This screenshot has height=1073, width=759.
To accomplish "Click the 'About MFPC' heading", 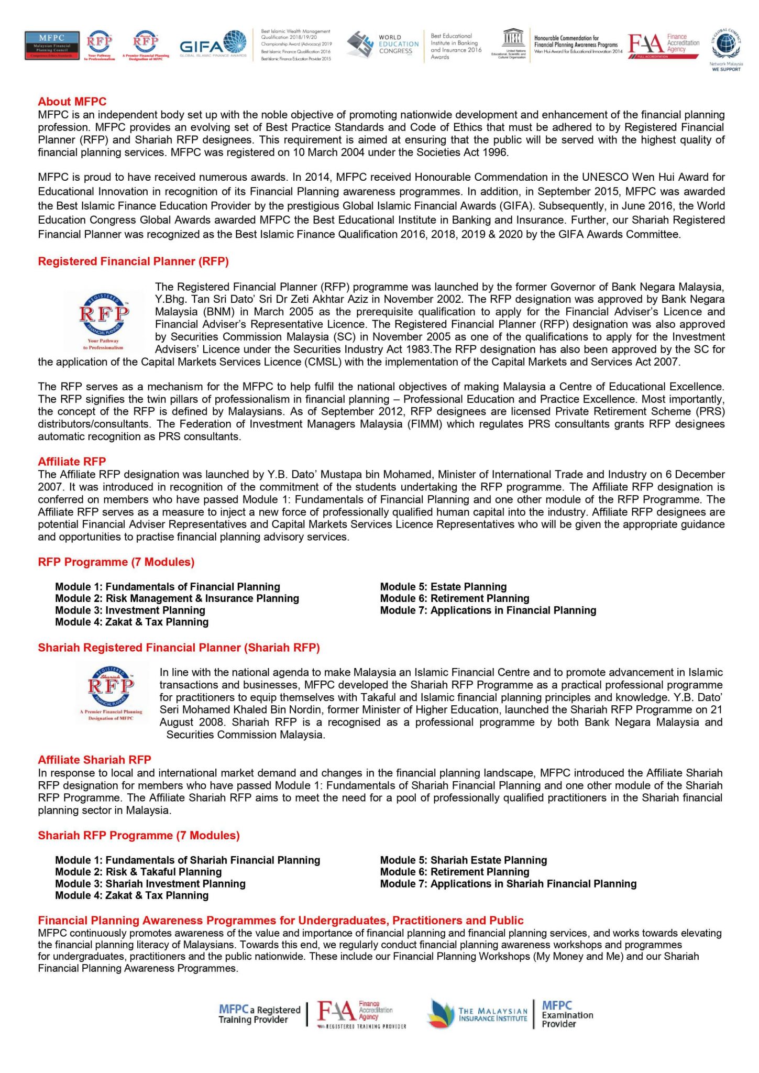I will [x=72, y=102].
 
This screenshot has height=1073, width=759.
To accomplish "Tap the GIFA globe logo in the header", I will [x=213, y=46].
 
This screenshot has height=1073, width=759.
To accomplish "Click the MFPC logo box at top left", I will [x=52, y=46].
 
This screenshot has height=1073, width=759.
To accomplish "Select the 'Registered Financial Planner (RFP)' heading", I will [x=133, y=261].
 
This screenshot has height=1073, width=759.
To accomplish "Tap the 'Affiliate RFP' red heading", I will [x=72, y=462].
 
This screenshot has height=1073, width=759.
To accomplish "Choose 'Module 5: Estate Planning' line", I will [x=443, y=587].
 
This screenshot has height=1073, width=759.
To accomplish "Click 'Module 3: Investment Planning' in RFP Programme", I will [x=130, y=610].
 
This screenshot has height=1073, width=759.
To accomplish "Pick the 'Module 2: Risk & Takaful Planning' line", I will [x=138, y=872].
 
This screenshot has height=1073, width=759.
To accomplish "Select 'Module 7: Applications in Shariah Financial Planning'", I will [x=508, y=884].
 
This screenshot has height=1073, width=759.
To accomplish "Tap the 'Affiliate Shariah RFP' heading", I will [x=94, y=760].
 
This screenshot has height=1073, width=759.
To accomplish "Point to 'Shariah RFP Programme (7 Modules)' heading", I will [x=139, y=836].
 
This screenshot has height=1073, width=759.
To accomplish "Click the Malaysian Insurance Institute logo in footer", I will [x=477, y=1014].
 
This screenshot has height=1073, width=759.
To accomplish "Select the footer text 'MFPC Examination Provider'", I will [x=567, y=1014].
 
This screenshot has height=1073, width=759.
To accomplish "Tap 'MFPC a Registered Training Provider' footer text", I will [x=259, y=1014].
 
